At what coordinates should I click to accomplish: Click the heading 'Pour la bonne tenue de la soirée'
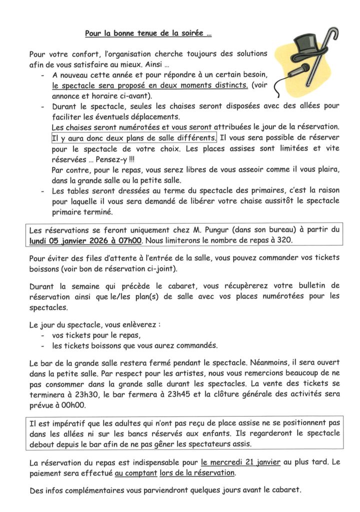(x=147, y=34)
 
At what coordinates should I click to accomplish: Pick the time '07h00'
(x=131, y=240)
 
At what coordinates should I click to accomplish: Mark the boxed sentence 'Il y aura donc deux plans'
(x=134, y=137)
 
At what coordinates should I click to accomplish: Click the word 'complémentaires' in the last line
(x=96, y=490)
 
